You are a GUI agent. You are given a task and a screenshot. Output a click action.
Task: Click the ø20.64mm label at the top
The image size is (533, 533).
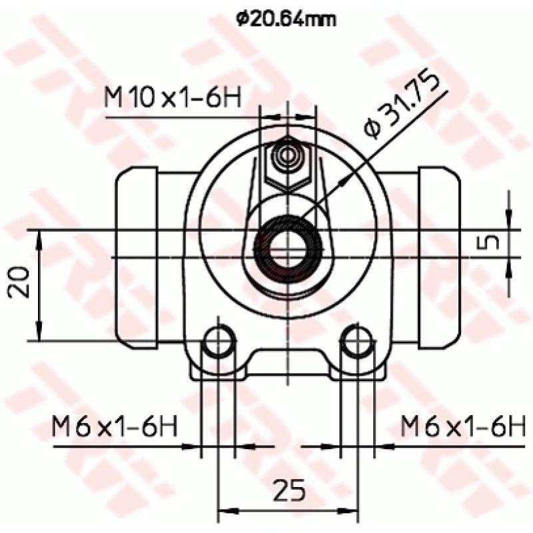point(285,19)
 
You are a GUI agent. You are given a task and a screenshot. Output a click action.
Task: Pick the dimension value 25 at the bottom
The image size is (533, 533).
point(288,491)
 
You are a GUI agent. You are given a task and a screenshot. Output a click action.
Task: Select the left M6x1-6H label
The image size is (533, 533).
point(115,426)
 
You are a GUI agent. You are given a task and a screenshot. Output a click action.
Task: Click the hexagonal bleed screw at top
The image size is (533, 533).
point(288,161)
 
